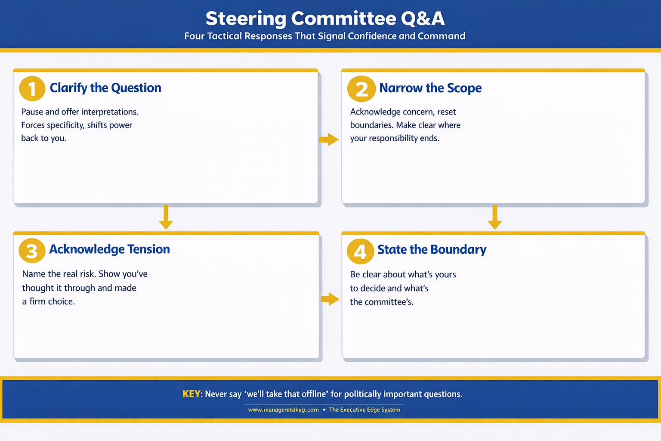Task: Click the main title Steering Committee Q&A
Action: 325,19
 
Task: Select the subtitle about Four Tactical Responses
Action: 325,36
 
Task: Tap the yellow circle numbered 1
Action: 32,89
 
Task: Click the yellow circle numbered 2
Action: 361,89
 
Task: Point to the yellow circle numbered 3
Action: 32,251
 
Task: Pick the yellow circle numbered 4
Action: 360,251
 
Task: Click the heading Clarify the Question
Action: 105,88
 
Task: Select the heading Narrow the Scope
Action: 430,88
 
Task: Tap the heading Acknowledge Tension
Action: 109,249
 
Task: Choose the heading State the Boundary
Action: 432,250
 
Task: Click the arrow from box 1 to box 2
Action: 329,140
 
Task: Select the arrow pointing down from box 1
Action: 166,217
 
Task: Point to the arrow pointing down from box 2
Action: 494,217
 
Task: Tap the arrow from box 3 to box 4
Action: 330,299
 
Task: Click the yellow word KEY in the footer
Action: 191,394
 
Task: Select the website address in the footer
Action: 283,410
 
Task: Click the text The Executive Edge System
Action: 364,410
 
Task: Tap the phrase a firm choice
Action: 49,301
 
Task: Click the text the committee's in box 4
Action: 381,302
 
